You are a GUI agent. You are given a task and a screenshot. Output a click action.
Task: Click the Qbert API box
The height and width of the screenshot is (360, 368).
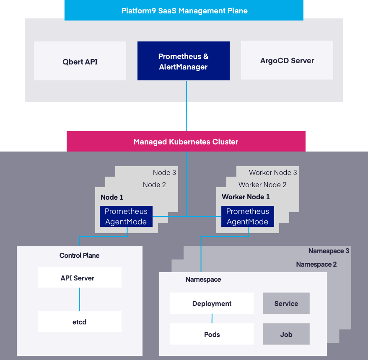pos(80,61)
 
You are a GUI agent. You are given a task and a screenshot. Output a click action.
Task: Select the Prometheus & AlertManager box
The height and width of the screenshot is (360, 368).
pos(183,61)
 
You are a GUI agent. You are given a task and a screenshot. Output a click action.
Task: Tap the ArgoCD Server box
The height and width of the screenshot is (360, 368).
pos(287,60)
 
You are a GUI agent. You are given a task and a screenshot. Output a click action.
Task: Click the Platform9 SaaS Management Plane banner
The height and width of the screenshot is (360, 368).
pos(184,10)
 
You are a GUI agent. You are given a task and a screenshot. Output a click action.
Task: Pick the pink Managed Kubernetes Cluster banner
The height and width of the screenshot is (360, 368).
pos(186,141)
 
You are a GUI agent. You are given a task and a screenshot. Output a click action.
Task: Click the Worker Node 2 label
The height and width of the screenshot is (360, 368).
pos(262,185)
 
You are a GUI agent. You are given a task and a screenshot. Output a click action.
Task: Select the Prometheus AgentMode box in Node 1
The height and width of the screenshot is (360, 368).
pos(126,216)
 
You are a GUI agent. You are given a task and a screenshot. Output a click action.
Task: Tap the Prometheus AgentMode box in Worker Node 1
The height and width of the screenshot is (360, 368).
pos(247,216)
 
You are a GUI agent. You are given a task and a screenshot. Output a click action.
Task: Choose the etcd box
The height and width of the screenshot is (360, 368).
pos(80,321)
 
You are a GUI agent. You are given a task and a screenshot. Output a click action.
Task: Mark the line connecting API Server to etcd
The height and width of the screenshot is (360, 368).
pos(80,299)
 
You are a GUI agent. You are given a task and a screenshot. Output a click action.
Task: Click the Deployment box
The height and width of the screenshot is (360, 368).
pos(212,303)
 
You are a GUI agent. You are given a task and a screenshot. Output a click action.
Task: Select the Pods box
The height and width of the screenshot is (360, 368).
pos(212,334)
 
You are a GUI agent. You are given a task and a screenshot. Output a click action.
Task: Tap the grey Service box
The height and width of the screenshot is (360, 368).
pos(286,303)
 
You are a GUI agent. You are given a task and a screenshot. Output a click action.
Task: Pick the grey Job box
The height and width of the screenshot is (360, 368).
pos(286,334)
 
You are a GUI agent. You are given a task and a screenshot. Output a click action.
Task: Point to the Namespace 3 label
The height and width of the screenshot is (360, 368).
pos(329,251)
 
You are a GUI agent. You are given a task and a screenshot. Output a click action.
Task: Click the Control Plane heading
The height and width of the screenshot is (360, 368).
pos(80,255)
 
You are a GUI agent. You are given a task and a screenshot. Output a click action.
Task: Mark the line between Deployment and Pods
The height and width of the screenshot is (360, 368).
pos(212,319)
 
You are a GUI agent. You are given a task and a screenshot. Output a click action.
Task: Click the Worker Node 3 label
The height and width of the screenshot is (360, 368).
pos(273,172)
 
